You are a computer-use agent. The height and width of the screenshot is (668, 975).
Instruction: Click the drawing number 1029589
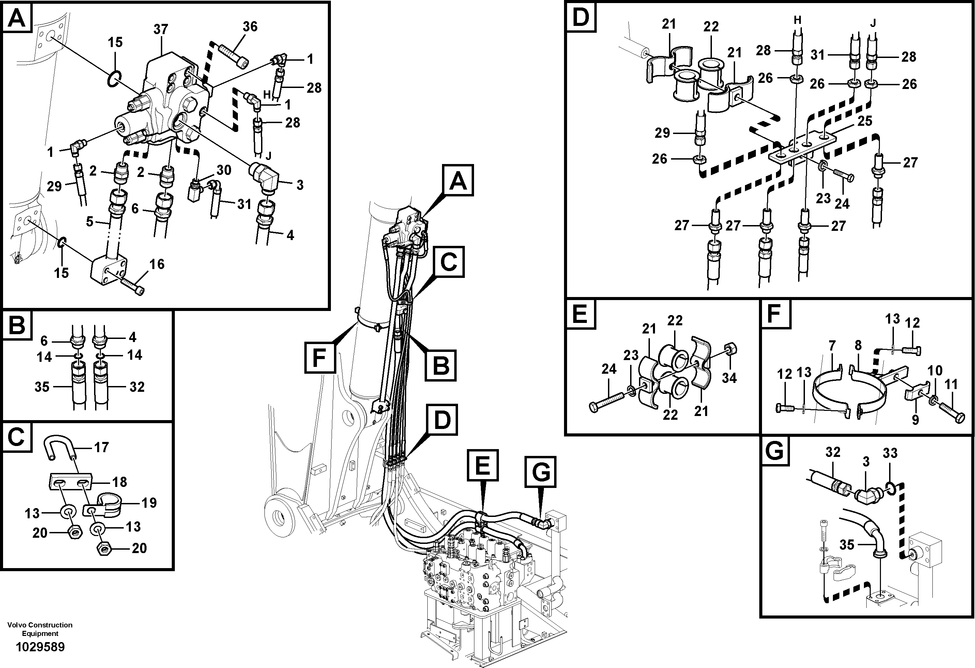[40, 647]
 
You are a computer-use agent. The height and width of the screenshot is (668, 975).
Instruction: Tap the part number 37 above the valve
[161, 29]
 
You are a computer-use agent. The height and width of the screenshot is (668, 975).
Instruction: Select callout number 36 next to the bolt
[250, 27]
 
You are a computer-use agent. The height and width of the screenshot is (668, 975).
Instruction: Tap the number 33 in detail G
[890, 453]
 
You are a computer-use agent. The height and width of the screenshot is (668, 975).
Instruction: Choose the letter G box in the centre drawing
[541, 472]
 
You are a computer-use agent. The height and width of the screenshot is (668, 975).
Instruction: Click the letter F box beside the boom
[320, 358]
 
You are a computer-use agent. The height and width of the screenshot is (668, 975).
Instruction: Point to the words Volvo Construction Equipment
[40, 629]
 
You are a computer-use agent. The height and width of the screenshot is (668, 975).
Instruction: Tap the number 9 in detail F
[915, 419]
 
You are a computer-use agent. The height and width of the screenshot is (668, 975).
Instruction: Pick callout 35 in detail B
[42, 386]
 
